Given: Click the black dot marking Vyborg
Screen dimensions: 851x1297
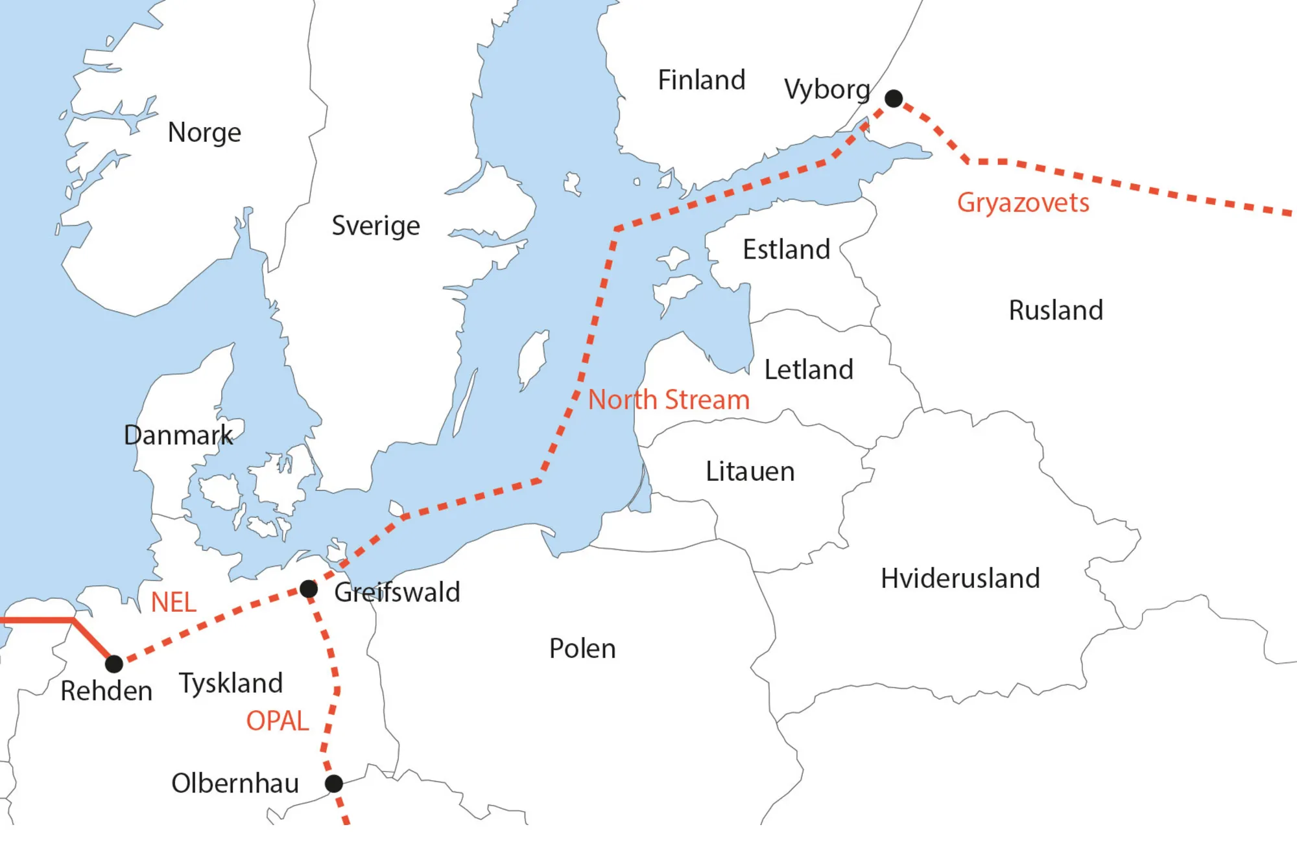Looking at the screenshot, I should pos(894,99).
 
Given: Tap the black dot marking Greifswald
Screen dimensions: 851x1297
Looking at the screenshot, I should pos(309,589).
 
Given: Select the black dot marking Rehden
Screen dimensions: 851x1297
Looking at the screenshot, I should pos(114,664).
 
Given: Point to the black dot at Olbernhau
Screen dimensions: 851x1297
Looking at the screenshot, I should pos(334,784).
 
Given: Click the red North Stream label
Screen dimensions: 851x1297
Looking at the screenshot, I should pos(669,400).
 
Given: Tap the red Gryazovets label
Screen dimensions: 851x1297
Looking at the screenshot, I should pos(1023,203).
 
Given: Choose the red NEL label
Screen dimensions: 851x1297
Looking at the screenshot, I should pos(173,603).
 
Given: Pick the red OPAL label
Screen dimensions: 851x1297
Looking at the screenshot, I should pos(278,721).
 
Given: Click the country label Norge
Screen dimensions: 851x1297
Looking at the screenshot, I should pos(204,133).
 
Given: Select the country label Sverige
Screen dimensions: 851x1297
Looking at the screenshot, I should pos(375,226).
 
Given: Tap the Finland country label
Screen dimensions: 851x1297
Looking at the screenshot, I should pos(701,80).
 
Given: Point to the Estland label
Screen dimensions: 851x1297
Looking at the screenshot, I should pos(786,250).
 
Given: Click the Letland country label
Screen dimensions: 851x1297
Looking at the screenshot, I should pos(808,370).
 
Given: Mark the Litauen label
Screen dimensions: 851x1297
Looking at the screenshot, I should pos(750,472).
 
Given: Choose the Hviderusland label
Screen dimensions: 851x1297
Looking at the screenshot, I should pos(960,578).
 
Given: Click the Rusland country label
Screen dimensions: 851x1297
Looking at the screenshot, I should pos(1056,310).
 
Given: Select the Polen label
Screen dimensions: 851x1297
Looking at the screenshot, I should pos(582,649).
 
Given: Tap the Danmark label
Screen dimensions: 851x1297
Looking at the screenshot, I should pos(178,436).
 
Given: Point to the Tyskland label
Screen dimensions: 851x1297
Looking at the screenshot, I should pos(231,683).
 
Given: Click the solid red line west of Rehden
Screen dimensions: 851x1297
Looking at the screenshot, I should pos(39,621).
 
